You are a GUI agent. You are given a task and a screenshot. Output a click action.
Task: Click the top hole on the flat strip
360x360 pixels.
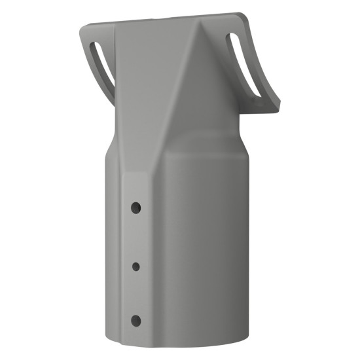point(135,207)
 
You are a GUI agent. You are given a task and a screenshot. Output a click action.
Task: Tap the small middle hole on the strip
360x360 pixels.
point(135,266)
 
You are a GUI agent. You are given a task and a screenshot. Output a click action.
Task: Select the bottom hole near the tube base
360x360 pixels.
point(135,321)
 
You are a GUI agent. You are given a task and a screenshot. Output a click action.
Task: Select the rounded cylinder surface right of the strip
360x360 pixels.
point(196,249)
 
